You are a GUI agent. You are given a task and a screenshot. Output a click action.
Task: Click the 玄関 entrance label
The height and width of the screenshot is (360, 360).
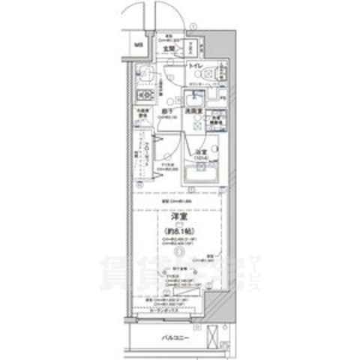pos(169,49)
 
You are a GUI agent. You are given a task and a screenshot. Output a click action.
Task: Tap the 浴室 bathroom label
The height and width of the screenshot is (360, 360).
pos(200,152)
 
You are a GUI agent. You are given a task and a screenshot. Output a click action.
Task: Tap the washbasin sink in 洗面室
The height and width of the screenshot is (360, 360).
pos(194,95)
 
